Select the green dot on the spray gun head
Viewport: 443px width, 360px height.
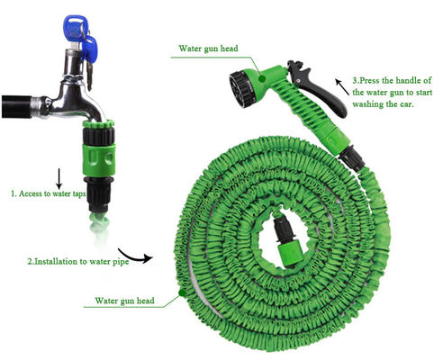[262, 79]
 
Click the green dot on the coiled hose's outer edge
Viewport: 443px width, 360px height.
[182, 292]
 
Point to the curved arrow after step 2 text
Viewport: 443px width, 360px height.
[136, 256]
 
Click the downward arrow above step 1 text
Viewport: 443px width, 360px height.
[59, 178]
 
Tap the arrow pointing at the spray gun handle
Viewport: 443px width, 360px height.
[341, 86]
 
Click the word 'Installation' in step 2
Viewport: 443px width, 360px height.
[56, 261]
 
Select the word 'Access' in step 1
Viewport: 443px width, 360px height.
[31, 193]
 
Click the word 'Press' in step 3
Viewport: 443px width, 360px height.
[369, 80]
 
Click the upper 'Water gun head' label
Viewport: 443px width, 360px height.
[208, 49]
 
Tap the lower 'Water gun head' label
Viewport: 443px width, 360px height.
[124, 301]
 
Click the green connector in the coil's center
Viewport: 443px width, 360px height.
[292, 252]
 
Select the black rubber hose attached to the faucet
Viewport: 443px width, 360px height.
[17, 107]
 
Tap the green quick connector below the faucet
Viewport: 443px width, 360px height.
[99, 160]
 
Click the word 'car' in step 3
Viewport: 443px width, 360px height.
[406, 104]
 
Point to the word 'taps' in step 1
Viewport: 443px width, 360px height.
[79, 194]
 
